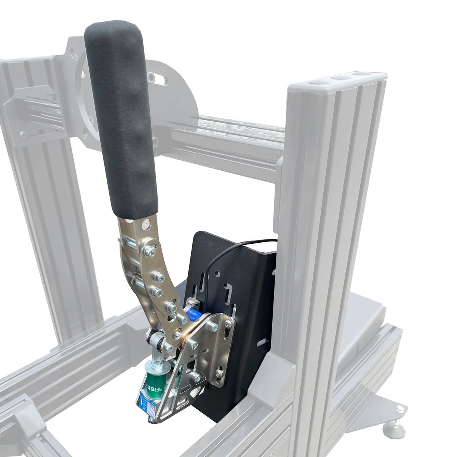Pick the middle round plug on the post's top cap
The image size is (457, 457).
337,78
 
